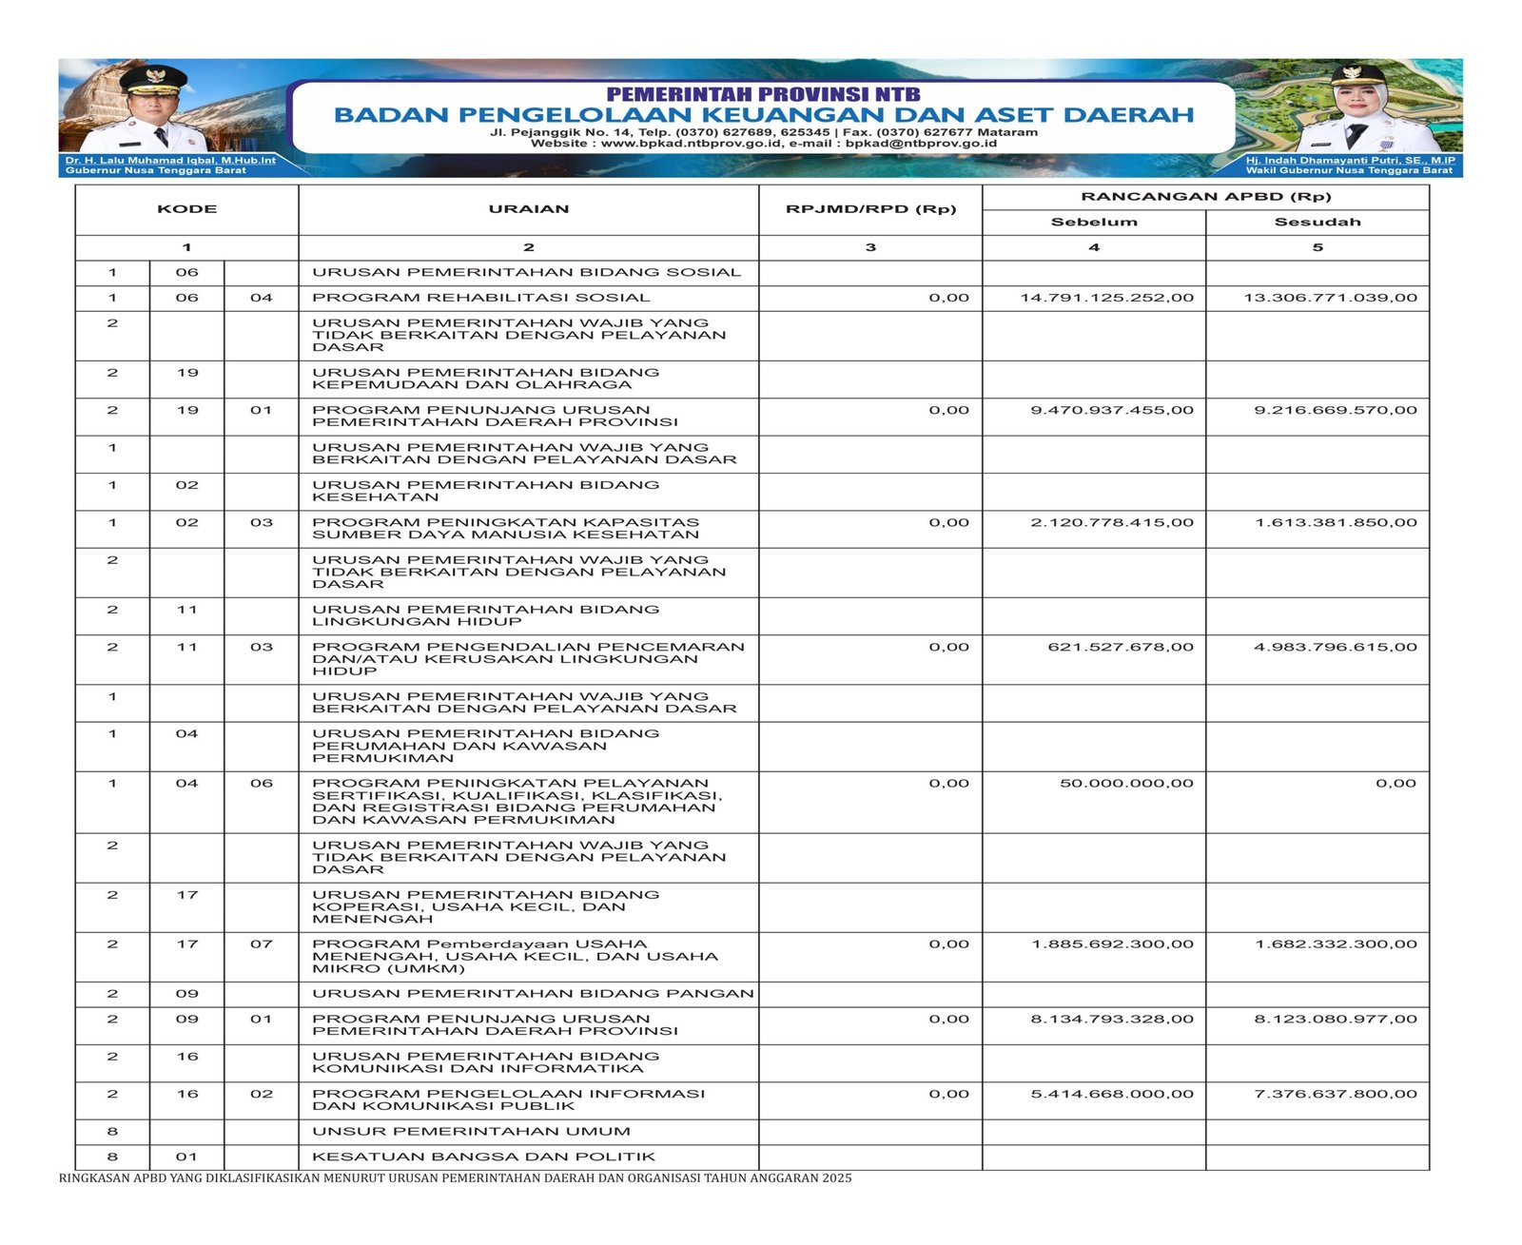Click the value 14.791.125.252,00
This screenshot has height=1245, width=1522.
tap(1106, 298)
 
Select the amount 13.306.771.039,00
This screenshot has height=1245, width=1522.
tap(1330, 298)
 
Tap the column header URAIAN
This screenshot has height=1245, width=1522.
tap(529, 209)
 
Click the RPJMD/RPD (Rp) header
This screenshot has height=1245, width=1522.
tap(870, 209)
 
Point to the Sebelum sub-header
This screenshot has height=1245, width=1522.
tap(1094, 223)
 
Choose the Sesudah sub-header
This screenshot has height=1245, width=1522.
tap(1317, 223)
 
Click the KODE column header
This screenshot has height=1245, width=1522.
tap(186, 209)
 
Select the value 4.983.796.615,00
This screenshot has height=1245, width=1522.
tap(1336, 647)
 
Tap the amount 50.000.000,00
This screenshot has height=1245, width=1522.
tap(1126, 784)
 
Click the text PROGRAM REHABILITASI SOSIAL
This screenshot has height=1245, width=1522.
tap(481, 298)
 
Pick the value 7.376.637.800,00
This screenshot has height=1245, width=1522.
tap(1336, 1094)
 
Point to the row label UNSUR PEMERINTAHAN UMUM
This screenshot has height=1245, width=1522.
tap(472, 1132)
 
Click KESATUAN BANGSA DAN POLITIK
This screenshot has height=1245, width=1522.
tap(484, 1157)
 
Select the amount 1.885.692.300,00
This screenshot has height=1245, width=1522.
tap(1112, 944)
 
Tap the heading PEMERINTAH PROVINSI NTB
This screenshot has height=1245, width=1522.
tap(763, 94)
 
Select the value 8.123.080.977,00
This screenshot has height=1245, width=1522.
tap(1336, 1019)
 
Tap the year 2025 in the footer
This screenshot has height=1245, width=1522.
tap(837, 1178)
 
